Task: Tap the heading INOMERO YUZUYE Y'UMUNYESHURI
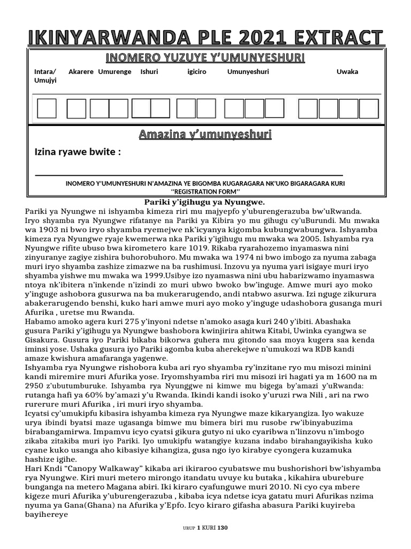205,57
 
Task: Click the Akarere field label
81,72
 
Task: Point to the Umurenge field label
115,72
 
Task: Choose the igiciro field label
197,72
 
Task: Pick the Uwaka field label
347,72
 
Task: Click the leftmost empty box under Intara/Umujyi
46,108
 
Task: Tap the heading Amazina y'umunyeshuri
205,134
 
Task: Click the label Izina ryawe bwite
78,152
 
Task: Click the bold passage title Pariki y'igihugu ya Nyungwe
205,202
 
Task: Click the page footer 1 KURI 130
212,528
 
